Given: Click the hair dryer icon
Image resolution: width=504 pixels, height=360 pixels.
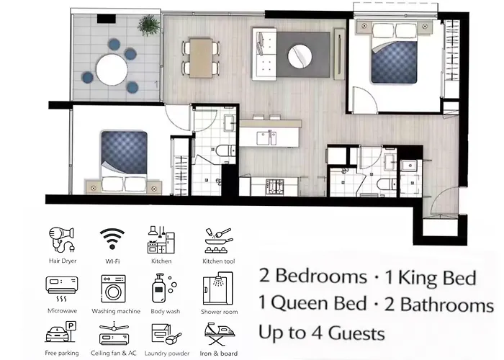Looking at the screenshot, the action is [x=62, y=240].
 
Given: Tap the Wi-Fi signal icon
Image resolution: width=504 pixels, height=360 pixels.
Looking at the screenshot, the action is [x=112, y=238].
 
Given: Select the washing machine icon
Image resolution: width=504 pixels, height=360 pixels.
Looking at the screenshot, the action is [x=113, y=289].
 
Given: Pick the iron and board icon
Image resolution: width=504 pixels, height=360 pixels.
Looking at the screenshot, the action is [x=219, y=334].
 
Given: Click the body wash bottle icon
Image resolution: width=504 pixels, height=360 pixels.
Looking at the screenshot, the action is [x=164, y=288].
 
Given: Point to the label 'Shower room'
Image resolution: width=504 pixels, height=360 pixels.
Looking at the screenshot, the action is [x=219, y=312].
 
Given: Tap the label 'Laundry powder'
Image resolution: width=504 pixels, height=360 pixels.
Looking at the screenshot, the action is [x=167, y=354].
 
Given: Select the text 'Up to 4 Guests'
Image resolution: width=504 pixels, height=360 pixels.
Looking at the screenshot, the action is [x=322, y=333].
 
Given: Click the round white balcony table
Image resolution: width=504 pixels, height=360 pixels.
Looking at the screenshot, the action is [x=112, y=70].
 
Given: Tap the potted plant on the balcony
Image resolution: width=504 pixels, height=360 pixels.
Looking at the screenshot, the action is [x=148, y=24].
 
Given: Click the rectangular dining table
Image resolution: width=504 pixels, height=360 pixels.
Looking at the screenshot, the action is [x=201, y=58].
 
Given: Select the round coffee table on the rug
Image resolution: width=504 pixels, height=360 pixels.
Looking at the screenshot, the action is [x=300, y=55].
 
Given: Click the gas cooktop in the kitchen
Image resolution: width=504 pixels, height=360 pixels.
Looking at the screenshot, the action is [x=275, y=187].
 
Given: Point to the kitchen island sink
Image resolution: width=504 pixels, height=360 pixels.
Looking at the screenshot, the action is [x=266, y=138].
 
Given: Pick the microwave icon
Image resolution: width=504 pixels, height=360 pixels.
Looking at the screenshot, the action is [x=62, y=289].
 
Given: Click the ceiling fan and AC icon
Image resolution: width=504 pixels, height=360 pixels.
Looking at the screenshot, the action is [x=114, y=334].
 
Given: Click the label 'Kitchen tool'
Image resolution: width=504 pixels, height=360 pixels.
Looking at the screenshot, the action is [x=219, y=261].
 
